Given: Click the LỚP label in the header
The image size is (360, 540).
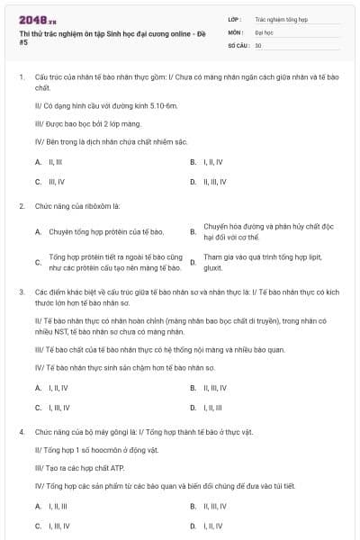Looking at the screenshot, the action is point(236,18).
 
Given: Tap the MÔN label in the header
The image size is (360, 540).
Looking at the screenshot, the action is point(236,31).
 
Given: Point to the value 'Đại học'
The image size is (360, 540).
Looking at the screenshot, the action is point(265,31).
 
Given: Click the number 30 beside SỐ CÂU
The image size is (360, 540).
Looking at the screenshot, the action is point(258,45).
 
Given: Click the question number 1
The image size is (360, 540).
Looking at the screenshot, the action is point(21,79).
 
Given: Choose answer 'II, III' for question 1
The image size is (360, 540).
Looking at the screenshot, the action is point(49,162).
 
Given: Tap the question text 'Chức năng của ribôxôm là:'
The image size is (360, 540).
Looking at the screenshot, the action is point(77,206).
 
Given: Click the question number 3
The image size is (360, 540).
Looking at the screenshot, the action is point(21,292).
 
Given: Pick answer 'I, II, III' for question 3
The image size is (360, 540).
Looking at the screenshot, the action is point(212,382).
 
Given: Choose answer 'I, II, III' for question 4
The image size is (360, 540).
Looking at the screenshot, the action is point(51,506).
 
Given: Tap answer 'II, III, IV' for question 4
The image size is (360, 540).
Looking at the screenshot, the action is point(215,506).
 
